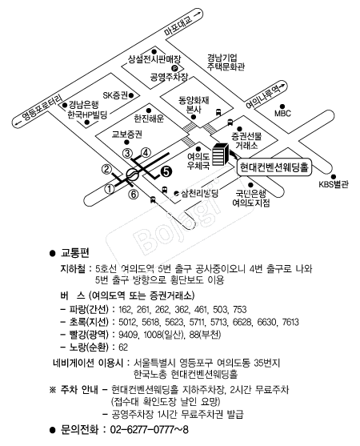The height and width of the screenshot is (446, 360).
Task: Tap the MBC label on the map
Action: point(282,113)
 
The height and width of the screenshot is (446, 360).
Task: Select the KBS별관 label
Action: point(334,184)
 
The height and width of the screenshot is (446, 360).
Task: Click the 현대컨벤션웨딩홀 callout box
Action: point(274,167)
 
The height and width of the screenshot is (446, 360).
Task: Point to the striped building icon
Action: point(220,155)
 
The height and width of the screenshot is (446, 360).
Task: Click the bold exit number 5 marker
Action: point(166,171)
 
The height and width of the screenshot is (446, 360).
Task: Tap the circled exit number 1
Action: point(110,189)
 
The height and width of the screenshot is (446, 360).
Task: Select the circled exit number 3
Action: point(127,154)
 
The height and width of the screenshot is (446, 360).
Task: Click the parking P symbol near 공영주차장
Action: point(174,68)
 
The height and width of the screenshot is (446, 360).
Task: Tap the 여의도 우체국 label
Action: point(198,161)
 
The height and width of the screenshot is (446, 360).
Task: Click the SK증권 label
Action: point(115,95)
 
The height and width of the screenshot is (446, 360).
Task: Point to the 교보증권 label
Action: point(127,135)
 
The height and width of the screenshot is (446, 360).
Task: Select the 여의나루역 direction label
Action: point(263,96)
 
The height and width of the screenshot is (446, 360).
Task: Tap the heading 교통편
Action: point(75,252)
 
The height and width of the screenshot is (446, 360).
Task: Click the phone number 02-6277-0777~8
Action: point(149,429)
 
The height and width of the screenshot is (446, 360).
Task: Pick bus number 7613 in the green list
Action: point(290,322)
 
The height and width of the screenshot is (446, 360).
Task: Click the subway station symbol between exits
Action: point(133,174)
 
